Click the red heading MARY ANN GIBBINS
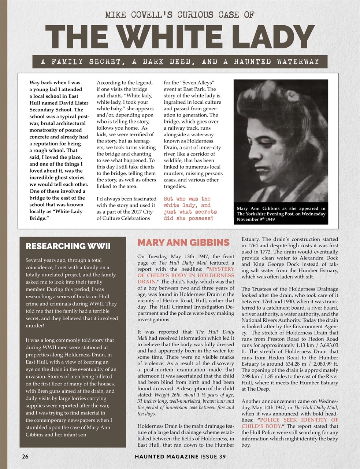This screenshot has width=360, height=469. (x=183, y=243)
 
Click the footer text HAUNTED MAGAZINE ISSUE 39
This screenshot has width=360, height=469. (x=180, y=457)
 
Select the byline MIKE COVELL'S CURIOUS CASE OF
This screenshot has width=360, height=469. (x=179, y=15)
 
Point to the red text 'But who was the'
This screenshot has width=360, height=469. (x=187, y=199)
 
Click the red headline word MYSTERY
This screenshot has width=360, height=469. (x=221, y=269)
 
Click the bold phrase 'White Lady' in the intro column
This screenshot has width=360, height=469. (x=68, y=211)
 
